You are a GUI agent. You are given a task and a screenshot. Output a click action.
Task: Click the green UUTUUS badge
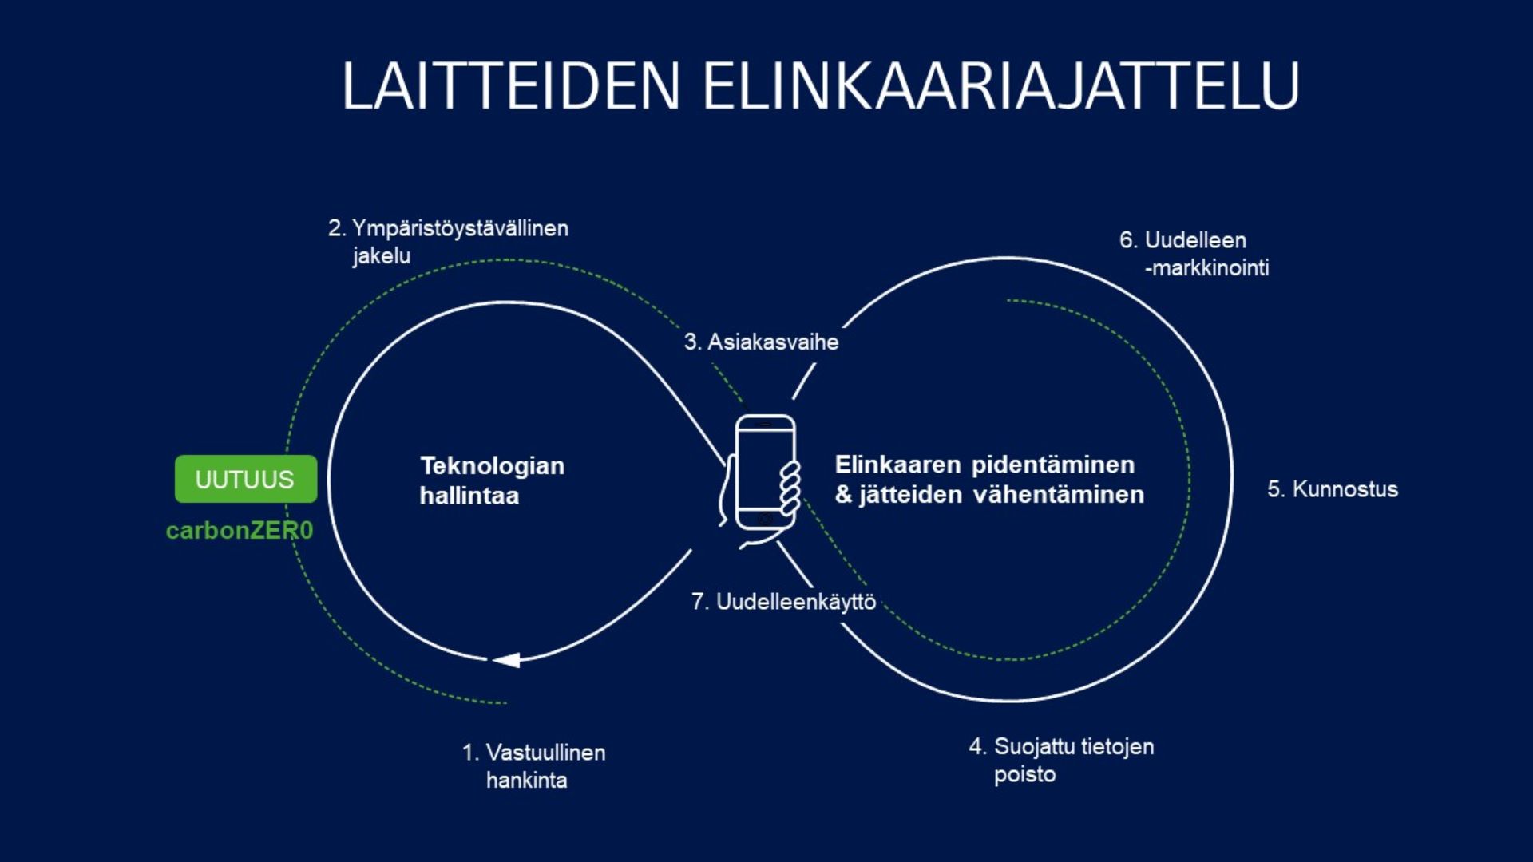pyautogui.click(x=246, y=479)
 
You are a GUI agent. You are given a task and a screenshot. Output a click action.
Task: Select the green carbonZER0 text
pyautogui.click(x=240, y=530)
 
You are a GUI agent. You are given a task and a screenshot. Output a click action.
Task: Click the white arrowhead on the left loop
pyautogui.click(x=506, y=660)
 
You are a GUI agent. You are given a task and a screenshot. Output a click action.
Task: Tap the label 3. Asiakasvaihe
pyautogui.click(x=761, y=342)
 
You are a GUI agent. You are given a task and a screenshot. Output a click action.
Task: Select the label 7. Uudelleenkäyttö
pyautogui.click(x=783, y=601)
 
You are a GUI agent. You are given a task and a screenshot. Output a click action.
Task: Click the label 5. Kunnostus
pyautogui.click(x=1333, y=488)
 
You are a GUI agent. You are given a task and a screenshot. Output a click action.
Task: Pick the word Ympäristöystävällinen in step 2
pyautogui.click(x=461, y=228)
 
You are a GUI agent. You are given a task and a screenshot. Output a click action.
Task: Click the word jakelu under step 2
pyautogui.click(x=382, y=255)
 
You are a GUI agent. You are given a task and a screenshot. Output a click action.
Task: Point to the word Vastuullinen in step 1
pyautogui.click(x=546, y=752)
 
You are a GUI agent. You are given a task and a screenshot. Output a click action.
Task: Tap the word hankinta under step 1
pyautogui.click(x=527, y=780)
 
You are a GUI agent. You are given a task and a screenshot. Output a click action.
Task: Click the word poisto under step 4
pyautogui.click(x=1025, y=774)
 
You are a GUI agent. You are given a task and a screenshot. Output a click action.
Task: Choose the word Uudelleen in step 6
pyautogui.click(x=1195, y=239)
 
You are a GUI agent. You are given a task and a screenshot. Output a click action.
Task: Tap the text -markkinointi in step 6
pyautogui.click(x=1207, y=267)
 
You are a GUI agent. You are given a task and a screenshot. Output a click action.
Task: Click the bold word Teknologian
pyautogui.click(x=493, y=465)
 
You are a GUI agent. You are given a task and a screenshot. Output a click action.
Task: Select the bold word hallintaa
pyautogui.click(x=469, y=496)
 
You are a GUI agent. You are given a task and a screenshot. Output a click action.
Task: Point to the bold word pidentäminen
pyautogui.click(x=1053, y=465)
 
